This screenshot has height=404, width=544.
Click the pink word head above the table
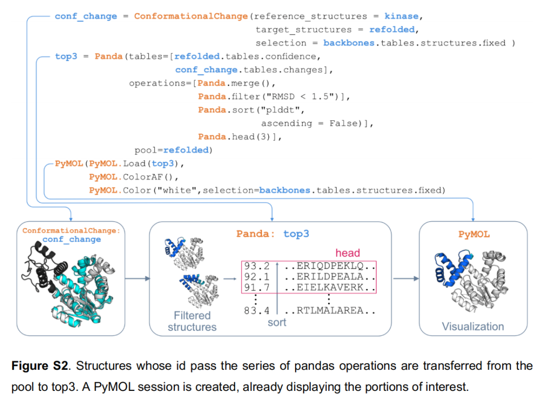[x=348, y=253]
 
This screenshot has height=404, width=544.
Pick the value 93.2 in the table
[x=256, y=265]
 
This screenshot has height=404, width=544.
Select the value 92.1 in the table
[x=256, y=277]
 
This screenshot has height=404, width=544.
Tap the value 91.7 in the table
[x=256, y=288]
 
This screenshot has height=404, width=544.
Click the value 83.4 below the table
[x=256, y=310]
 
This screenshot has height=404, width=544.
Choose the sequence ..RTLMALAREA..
[x=330, y=310]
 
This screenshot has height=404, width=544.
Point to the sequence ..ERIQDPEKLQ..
[x=330, y=265]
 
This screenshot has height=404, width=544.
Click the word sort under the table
[x=277, y=322]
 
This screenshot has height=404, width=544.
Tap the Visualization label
[x=473, y=326]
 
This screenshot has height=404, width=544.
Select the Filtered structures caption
[x=192, y=321]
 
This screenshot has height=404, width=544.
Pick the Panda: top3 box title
[x=273, y=234]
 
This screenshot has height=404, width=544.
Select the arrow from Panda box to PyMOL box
[x=405, y=278]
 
